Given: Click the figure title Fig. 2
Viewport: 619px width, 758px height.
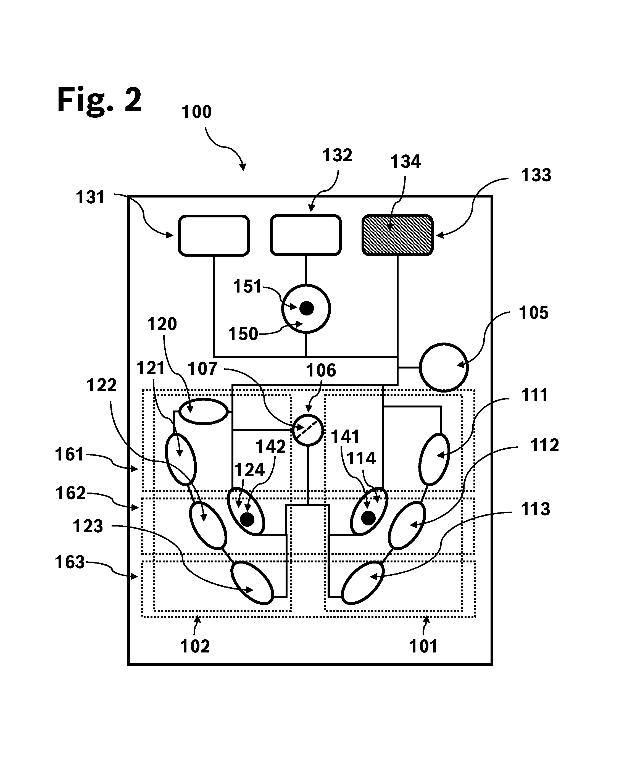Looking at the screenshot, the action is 99,101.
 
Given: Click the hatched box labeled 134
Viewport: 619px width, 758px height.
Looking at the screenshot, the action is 397,235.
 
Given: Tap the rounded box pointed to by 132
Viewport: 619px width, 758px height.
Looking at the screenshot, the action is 305,235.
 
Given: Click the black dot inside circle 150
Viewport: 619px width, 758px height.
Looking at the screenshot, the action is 306,308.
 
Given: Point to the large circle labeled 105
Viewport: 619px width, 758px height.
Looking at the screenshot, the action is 444,367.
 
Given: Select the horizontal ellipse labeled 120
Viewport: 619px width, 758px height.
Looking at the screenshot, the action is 203,411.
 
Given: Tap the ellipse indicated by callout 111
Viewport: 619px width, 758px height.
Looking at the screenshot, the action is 434,459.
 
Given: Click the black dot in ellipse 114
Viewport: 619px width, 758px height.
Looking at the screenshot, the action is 368,518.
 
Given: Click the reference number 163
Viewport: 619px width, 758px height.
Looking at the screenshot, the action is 70,562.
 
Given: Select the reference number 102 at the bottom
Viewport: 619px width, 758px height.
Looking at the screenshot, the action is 195,646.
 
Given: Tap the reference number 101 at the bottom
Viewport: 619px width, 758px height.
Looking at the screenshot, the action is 423,646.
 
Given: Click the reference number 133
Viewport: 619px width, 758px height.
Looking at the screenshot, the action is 536,175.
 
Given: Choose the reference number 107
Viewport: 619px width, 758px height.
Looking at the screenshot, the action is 202,369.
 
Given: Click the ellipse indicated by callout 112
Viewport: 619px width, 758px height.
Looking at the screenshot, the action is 407,525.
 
